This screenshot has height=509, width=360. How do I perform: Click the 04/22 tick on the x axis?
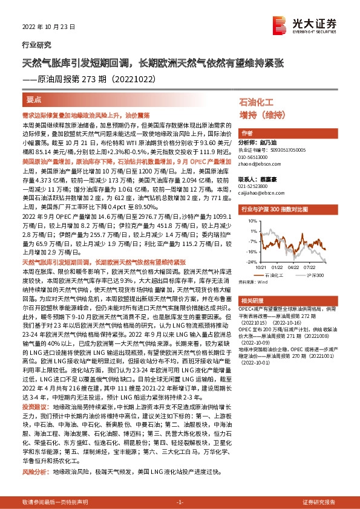(x=294, y=267)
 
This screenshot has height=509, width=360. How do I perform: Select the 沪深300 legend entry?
(x=314, y=274)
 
